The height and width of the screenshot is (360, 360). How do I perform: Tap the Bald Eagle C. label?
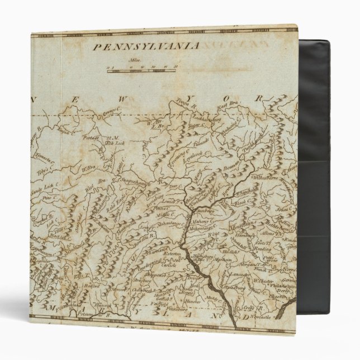point(132,205)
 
